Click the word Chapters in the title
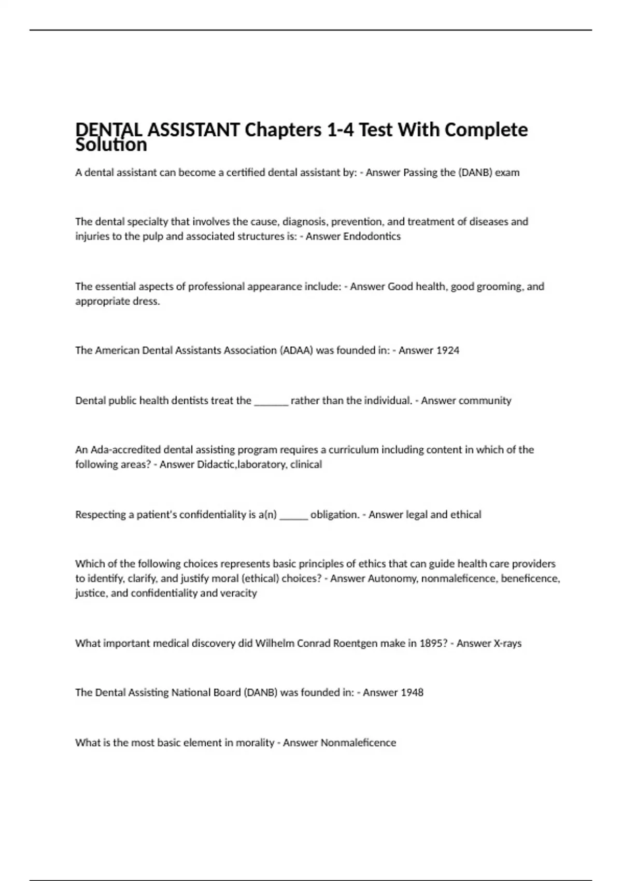[283, 130]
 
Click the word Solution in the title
[111, 145]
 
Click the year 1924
[447, 350]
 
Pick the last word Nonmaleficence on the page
[358, 743]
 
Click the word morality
[255, 743]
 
